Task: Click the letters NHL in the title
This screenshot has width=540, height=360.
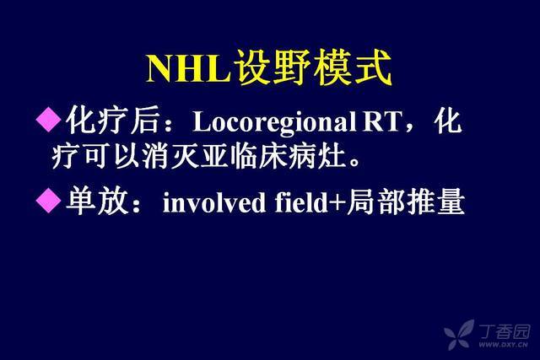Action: pos(188,68)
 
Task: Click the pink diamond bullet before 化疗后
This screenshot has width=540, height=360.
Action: pos(49,119)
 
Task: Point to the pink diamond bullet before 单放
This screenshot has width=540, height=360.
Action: pos(49,200)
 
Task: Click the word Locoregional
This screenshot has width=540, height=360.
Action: pos(274,122)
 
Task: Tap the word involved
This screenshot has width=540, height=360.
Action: pos(214,201)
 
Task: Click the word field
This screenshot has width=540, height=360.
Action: pos(301,201)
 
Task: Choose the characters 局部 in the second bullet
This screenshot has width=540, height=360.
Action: pos(375,201)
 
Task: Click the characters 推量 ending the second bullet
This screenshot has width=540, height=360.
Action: pos(435,201)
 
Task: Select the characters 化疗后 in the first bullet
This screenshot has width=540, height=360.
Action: pos(113,120)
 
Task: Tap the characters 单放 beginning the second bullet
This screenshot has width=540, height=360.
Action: pos(97,201)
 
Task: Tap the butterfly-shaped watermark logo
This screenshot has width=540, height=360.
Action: pos(459,334)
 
